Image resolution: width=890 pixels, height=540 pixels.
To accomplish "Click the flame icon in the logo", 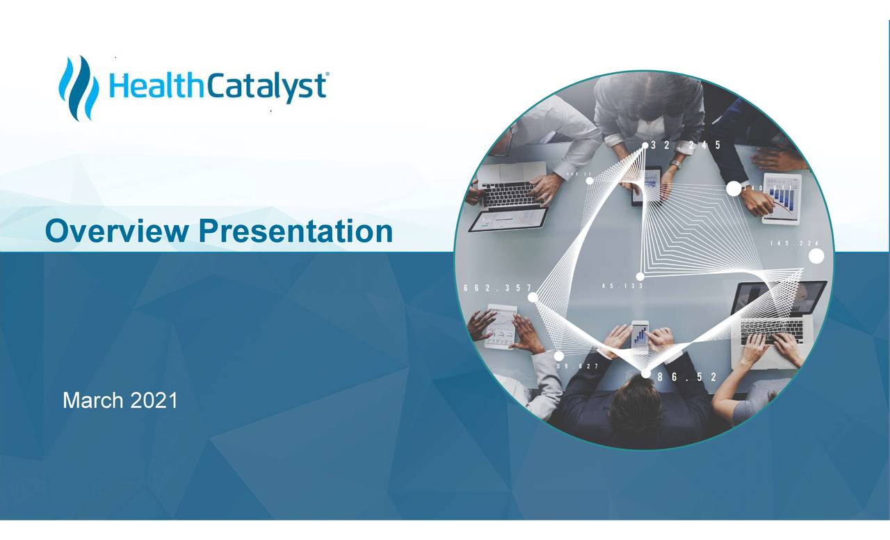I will [79, 88].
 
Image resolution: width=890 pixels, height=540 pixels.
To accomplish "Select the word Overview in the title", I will [115, 231].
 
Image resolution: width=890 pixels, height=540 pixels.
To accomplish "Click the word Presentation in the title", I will [296, 231].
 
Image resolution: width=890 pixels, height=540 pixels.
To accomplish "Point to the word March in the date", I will [93, 400].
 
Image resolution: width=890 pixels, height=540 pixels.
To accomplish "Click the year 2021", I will [154, 400].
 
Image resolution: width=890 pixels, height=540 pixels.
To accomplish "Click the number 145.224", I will [794, 243].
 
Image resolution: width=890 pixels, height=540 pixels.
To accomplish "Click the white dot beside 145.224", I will [816, 256].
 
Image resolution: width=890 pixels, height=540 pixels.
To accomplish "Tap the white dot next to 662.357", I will [533, 297].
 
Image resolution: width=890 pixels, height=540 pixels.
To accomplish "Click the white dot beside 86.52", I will [646, 374].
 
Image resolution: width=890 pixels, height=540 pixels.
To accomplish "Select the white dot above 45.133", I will [640, 276].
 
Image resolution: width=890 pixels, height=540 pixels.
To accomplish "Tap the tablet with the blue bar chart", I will [782, 198].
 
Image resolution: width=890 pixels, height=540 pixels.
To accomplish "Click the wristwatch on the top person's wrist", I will [674, 165].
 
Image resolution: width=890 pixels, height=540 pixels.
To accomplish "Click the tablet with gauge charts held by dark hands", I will [501, 327].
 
